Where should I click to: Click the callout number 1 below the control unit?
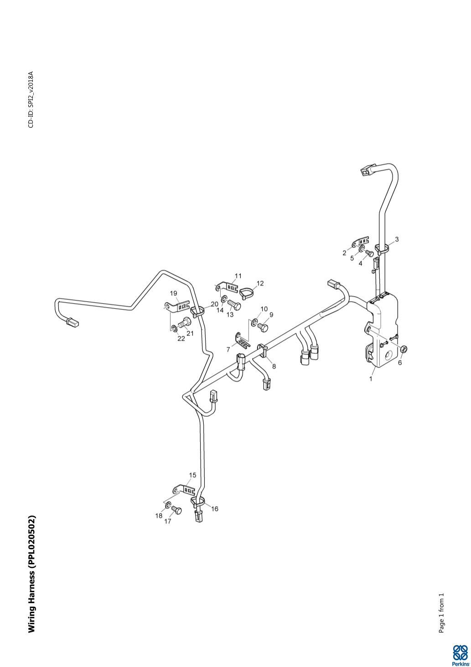371,378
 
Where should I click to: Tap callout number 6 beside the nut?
400,362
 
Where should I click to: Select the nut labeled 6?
404,349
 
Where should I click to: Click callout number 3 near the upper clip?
397,239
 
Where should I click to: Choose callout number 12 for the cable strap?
260,284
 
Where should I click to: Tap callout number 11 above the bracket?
238,276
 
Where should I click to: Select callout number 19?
173,293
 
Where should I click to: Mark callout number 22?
181,339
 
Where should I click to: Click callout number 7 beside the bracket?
228,350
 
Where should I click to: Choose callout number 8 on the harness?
274,366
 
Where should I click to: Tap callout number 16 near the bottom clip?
214,509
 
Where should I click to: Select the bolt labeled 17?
177,510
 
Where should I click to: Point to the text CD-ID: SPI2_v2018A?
31,100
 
